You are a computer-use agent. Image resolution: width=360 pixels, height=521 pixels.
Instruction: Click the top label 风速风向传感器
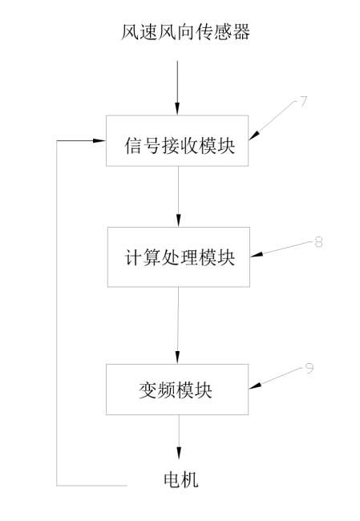coord(178,33)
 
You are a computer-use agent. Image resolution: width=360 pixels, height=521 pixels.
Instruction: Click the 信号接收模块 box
coord(178,141)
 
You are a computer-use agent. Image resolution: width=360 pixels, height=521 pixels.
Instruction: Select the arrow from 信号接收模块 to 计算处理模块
coord(178,196)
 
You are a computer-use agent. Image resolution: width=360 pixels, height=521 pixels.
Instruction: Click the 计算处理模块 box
coord(178,256)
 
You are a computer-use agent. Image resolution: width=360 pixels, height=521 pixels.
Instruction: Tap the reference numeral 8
coord(318,241)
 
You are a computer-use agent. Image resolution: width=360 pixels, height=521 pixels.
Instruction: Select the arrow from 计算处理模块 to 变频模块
coord(178,324)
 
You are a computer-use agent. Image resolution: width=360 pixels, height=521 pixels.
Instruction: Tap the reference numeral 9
coord(309,367)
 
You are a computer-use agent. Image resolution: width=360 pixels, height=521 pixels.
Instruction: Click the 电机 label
coord(180,479)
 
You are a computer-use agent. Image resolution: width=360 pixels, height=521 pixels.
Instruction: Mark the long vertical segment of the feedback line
coord(57,313)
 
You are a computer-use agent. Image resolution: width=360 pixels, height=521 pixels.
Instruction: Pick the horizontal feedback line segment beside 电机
coord(92,485)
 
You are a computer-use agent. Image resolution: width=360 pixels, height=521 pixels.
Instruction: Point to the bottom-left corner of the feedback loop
coord(57,485)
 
